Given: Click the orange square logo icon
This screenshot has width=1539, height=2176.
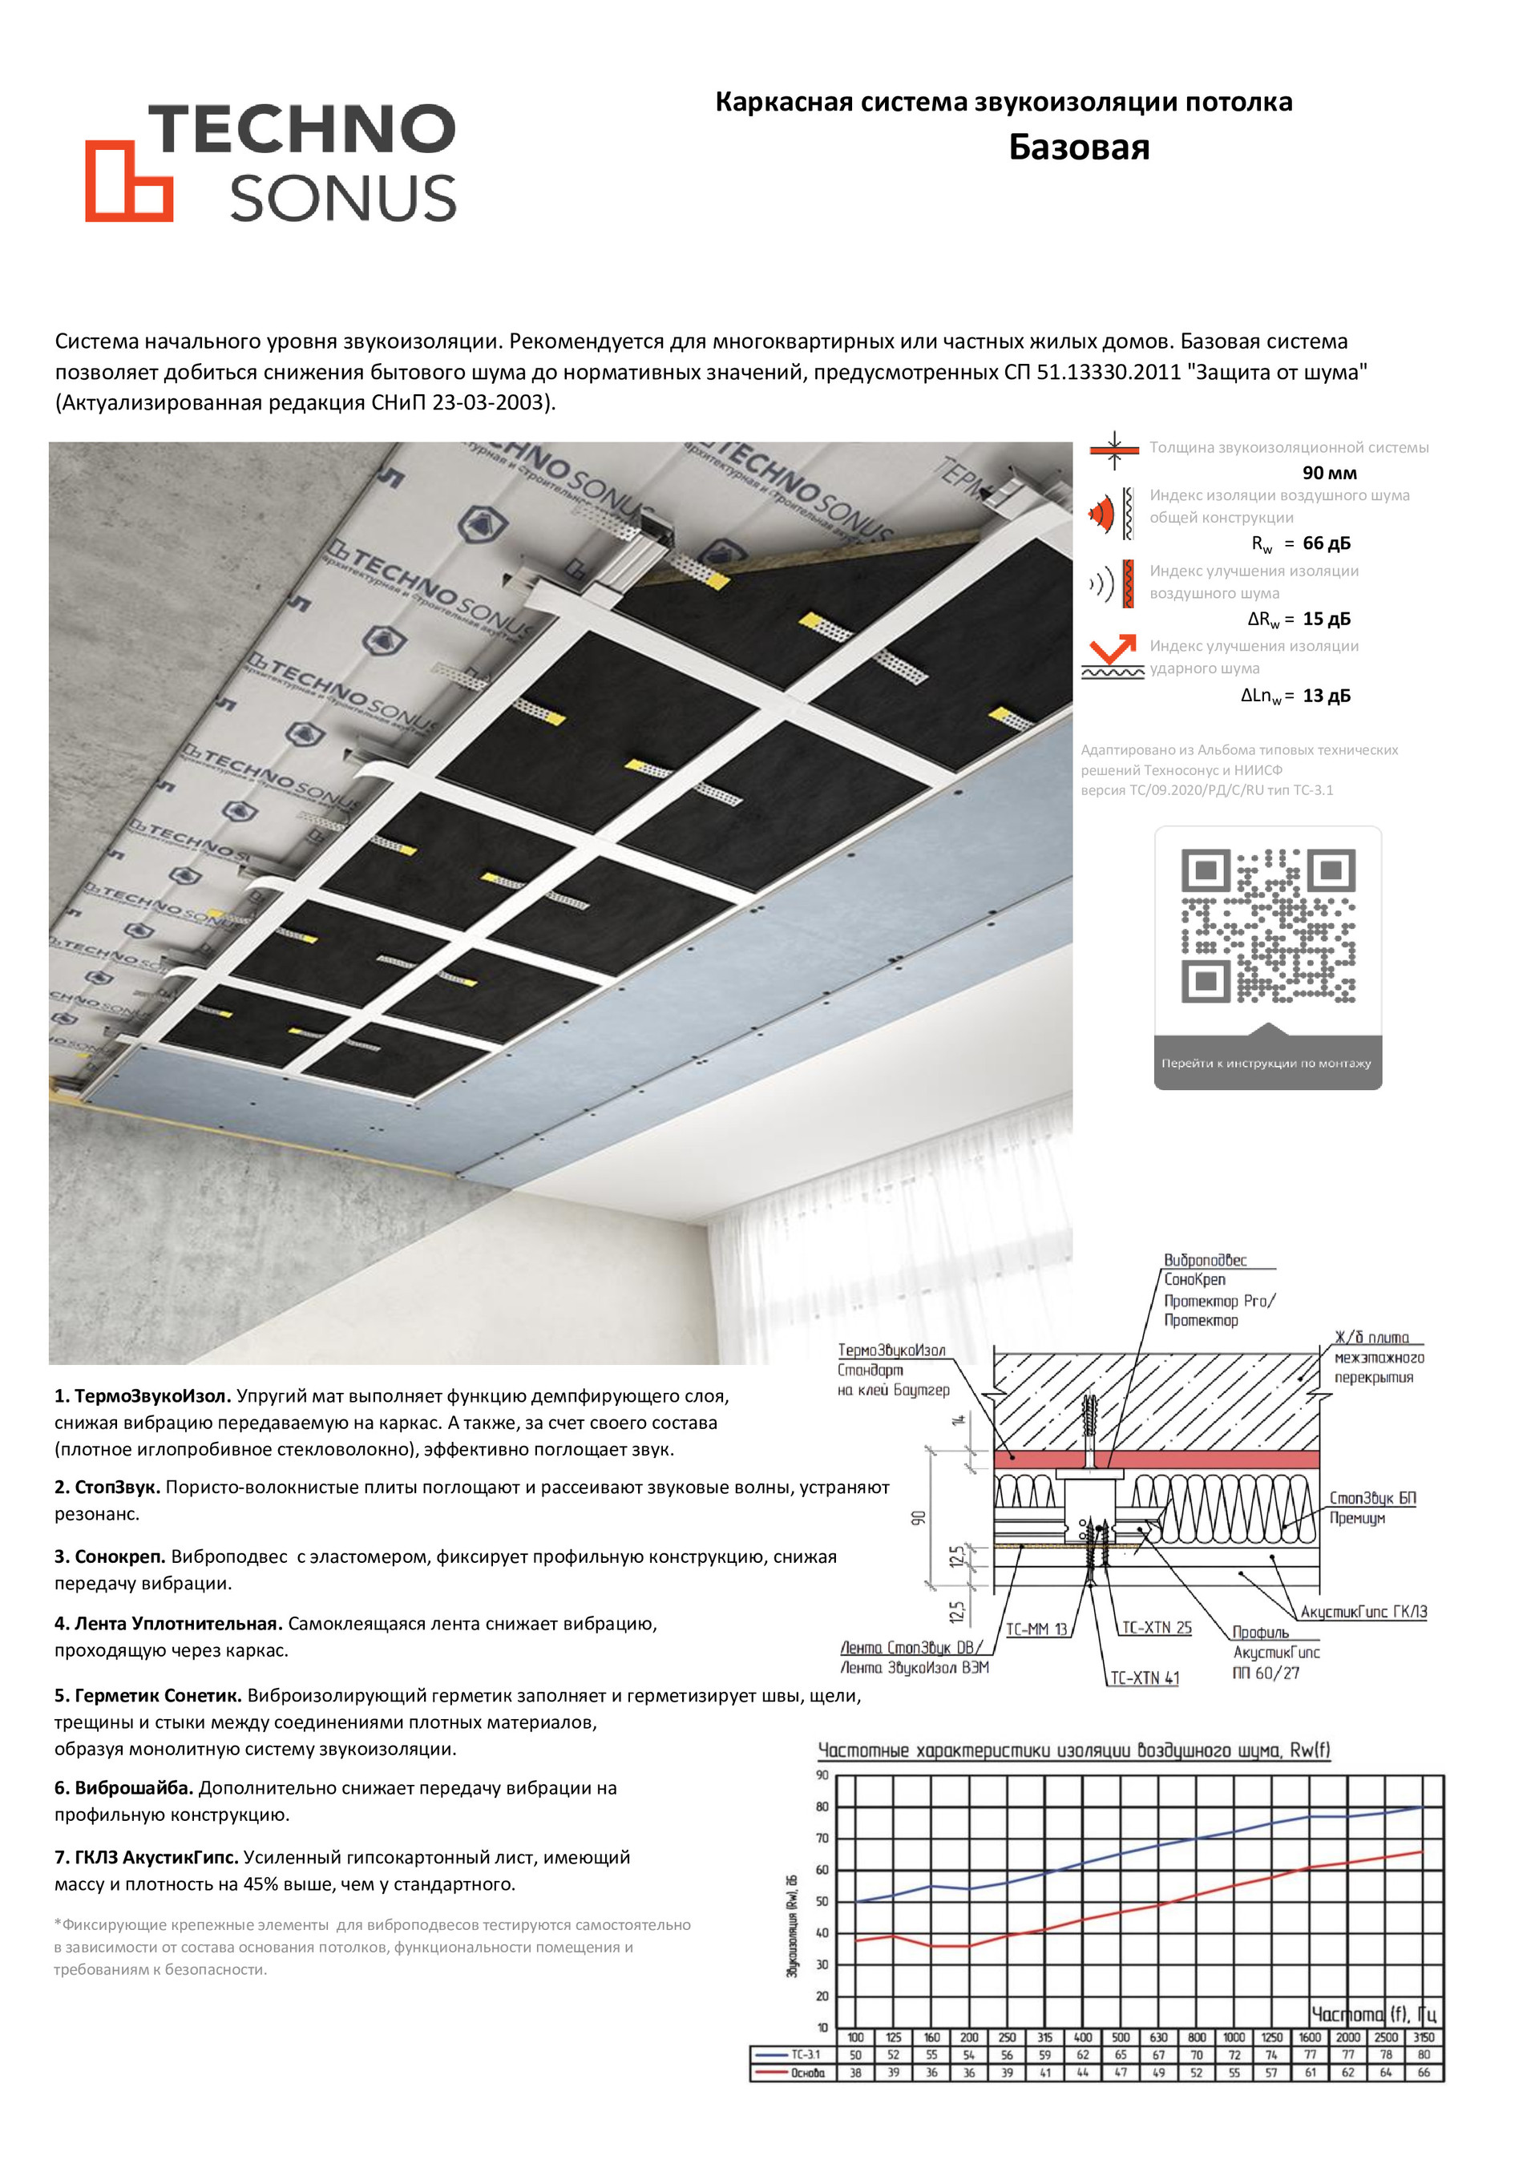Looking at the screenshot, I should tap(129, 181).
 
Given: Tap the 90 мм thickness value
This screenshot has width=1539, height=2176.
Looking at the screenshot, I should tap(1329, 473).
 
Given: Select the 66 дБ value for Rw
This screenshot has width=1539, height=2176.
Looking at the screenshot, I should tap(1326, 543).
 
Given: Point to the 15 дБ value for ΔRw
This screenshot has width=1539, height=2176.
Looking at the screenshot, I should tap(1326, 619).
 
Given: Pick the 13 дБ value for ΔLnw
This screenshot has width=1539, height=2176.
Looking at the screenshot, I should tap(1326, 696).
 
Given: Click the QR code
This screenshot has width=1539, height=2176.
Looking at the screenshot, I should tap(1268, 925).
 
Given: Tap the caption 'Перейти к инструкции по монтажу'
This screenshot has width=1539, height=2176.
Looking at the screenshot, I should tap(1266, 1064).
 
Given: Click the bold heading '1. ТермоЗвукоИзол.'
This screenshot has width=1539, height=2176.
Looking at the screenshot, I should tap(142, 1396).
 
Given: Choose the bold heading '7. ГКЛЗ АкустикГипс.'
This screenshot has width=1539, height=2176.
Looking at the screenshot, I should tap(146, 1858).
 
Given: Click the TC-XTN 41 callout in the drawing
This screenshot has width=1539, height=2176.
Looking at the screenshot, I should tap(1145, 1677).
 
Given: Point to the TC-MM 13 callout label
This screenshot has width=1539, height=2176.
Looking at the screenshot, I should tap(1036, 1629).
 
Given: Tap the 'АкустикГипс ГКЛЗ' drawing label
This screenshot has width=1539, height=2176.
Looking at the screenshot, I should tap(1363, 1612).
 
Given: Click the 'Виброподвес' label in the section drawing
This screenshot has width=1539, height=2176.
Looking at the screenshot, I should tap(1205, 1261).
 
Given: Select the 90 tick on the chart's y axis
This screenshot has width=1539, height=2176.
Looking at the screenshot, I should tap(822, 1775).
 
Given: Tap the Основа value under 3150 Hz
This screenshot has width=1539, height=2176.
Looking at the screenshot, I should tap(1424, 2073).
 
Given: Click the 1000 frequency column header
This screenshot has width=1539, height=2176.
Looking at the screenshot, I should tap(1234, 2037).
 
